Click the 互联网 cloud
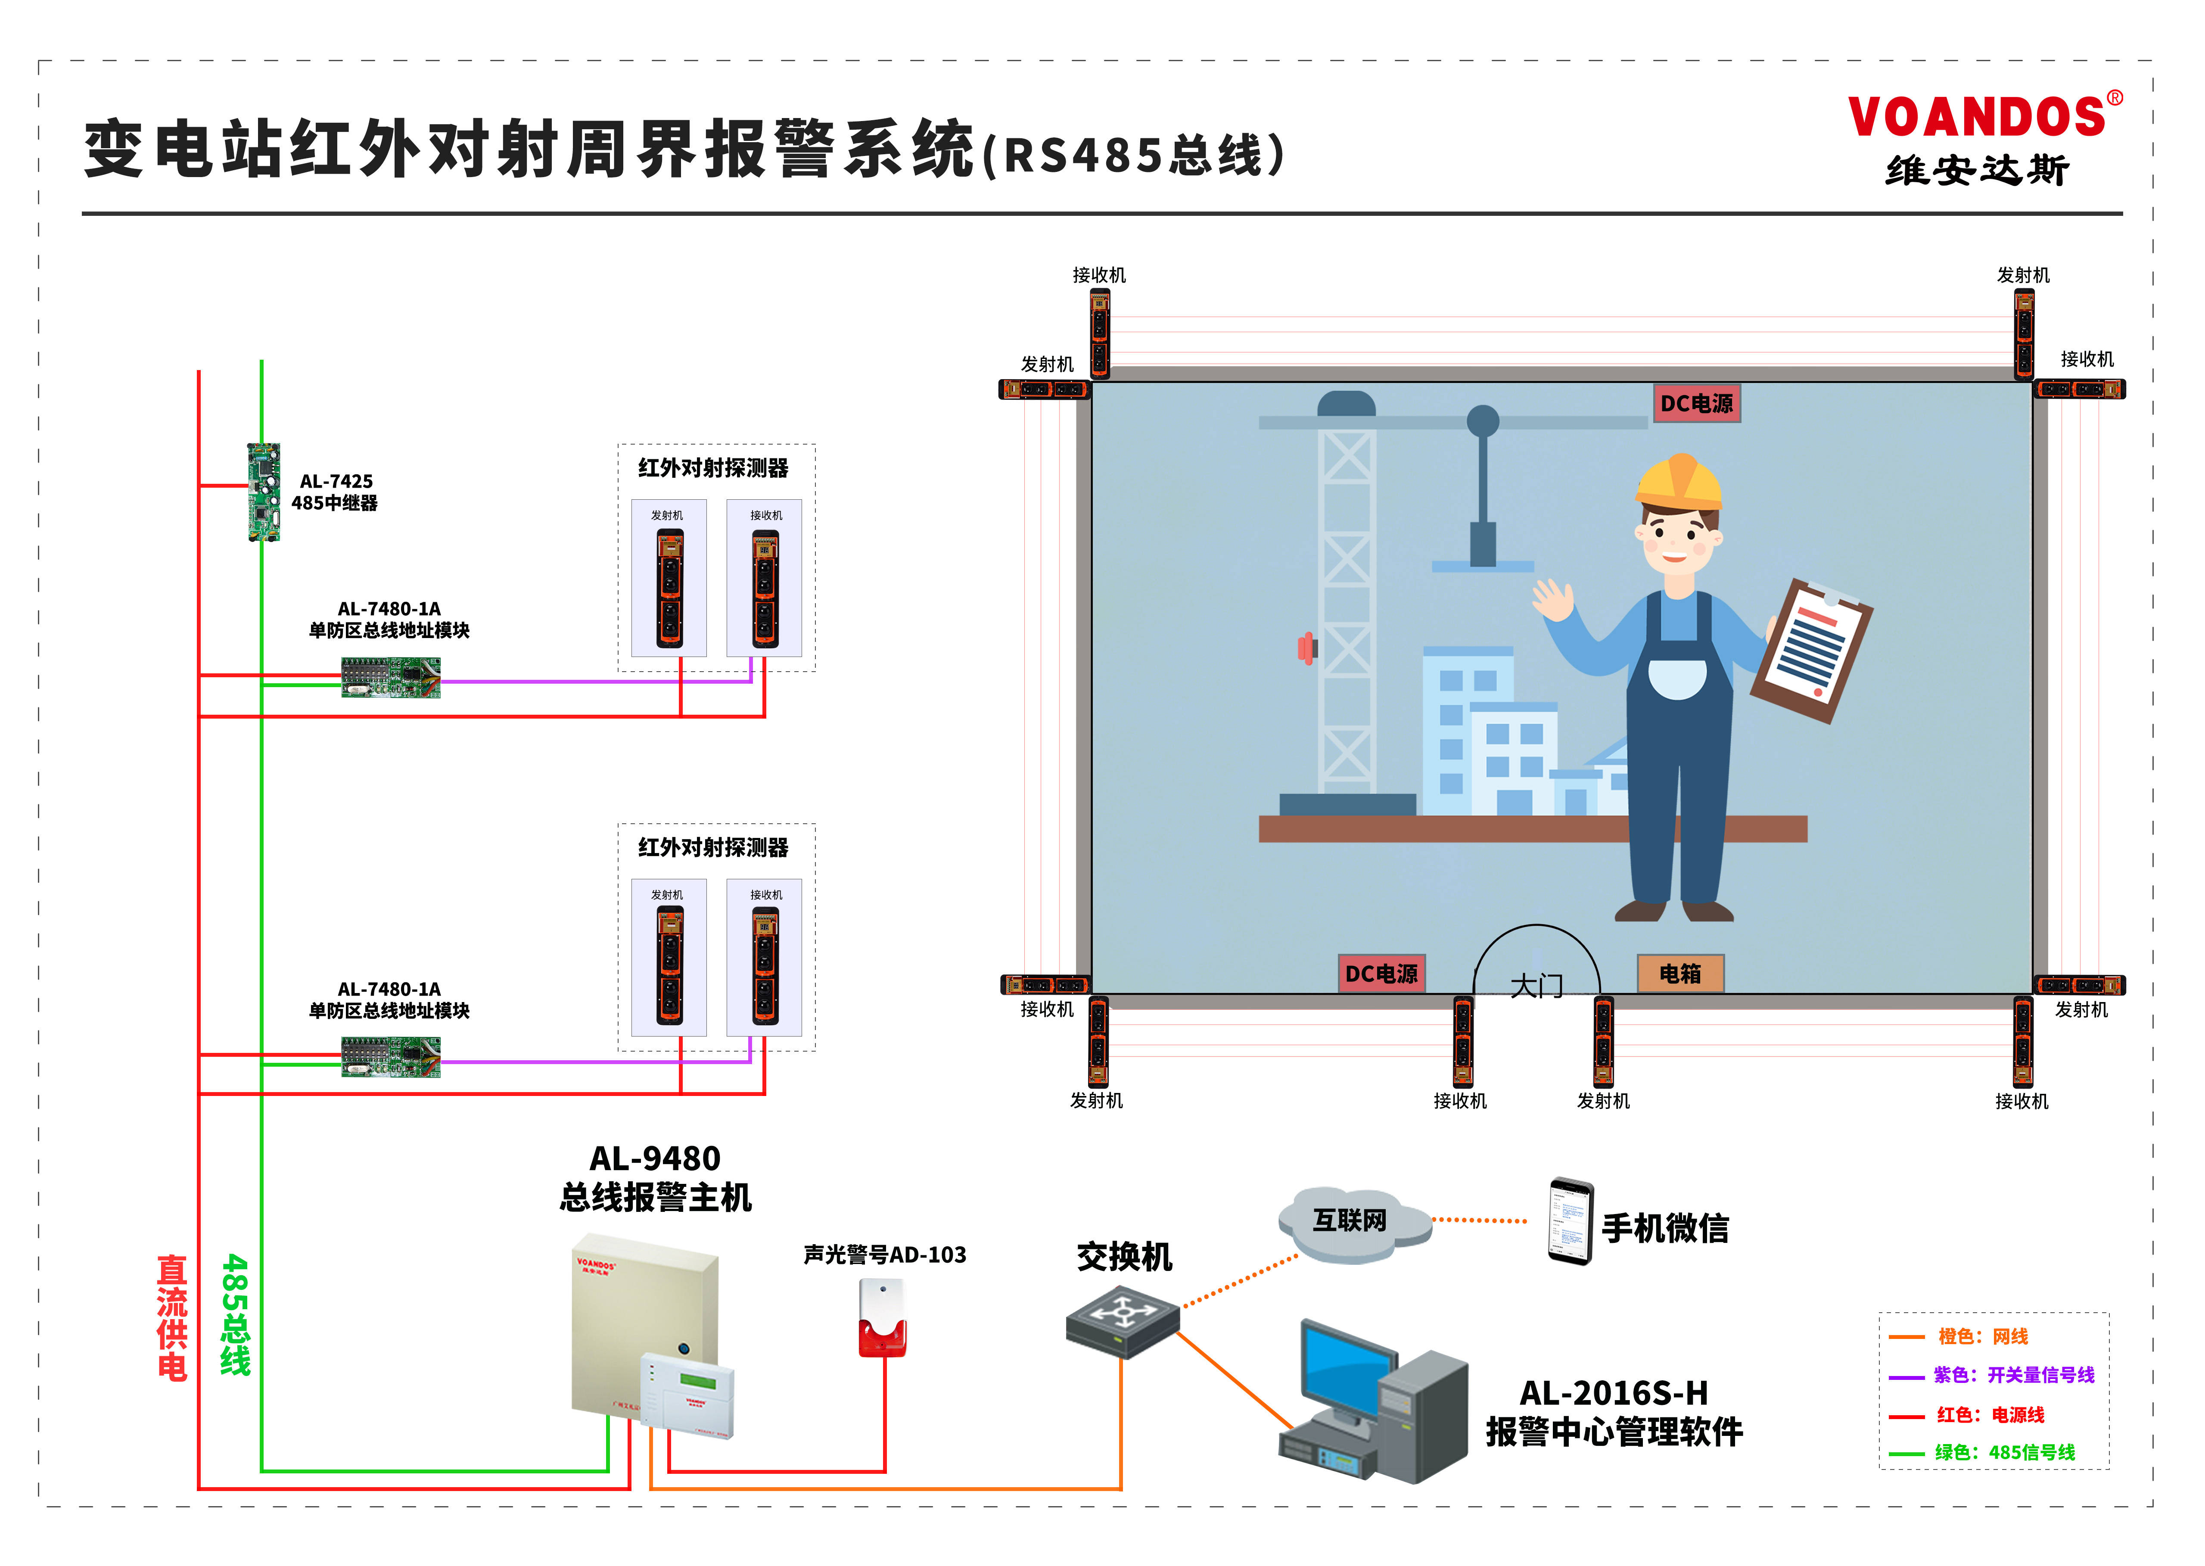(x=1352, y=1223)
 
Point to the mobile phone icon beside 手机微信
(x=1570, y=1221)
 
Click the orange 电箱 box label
(x=1679, y=974)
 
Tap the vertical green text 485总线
(x=235, y=1315)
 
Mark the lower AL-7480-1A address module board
(x=391, y=1057)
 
